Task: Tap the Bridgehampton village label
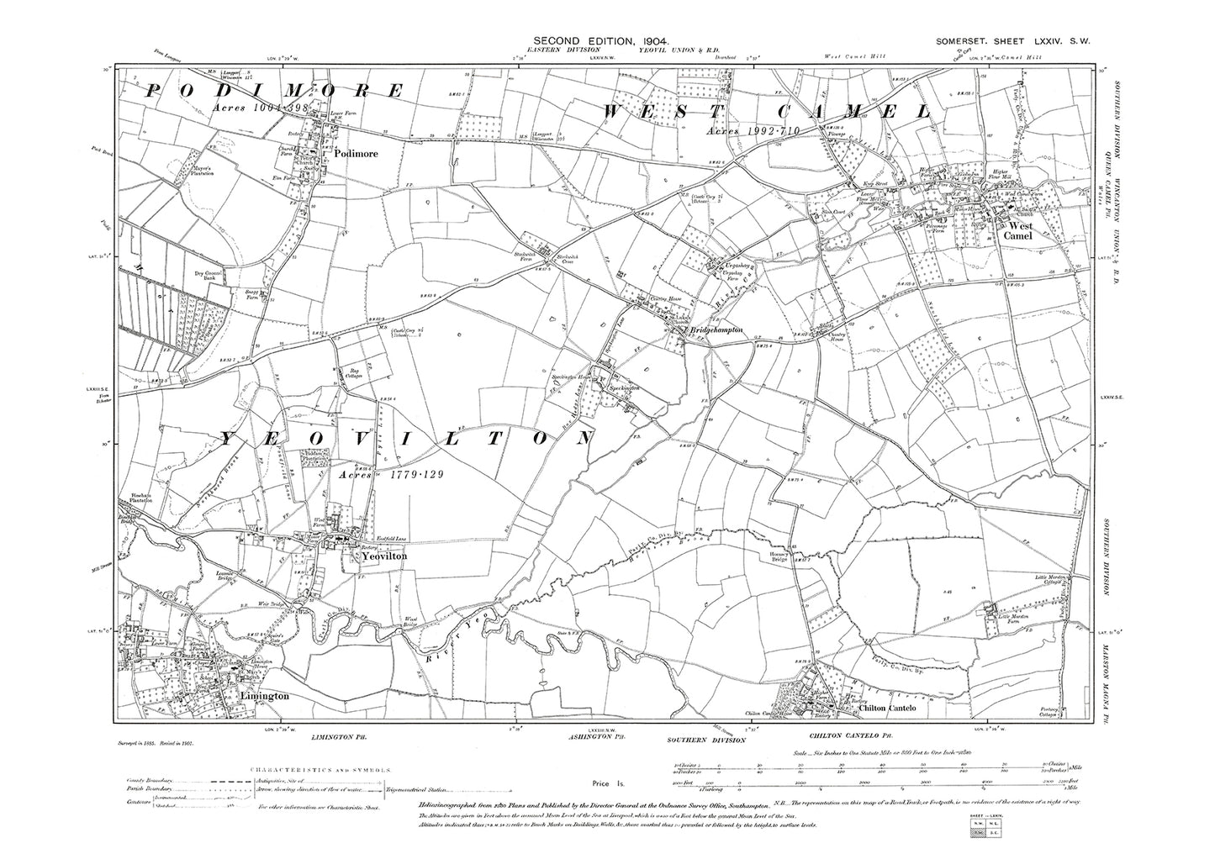coord(716,332)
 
